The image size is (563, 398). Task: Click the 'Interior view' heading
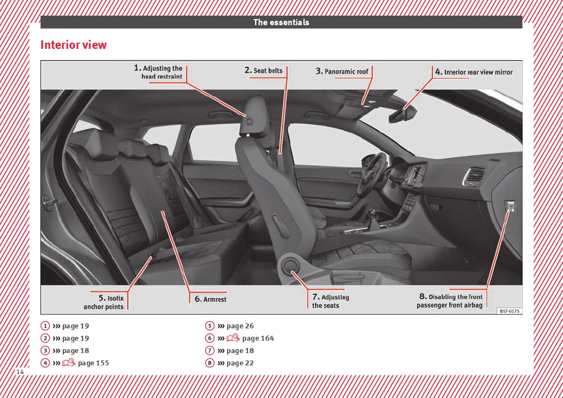[x=73, y=45]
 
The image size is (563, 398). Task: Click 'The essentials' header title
[x=281, y=22]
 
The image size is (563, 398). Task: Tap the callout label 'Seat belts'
[x=264, y=71]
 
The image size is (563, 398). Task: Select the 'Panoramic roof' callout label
[x=342, y=71]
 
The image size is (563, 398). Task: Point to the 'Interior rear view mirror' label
[x=474, y=72]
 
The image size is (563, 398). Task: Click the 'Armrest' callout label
[x=211, y=299]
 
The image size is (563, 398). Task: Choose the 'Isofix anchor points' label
[x=104, y=303]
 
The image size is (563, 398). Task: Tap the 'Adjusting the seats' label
[x=330, y=301]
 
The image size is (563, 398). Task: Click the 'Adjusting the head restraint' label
[x=159, y=72]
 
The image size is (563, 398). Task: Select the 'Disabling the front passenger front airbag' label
[x=450, y=301]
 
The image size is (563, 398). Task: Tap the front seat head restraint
[x=253, y=116]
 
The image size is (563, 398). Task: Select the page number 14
[x=20, y=372]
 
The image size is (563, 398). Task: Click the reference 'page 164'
[x=258, y=338]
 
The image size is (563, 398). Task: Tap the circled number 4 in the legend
[x=44, y=363]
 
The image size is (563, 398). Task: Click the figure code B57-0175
[x=509, y=310]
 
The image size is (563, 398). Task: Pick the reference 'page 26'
[x=240, y=326]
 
